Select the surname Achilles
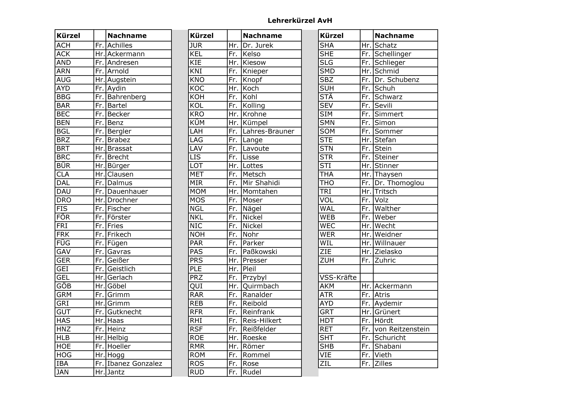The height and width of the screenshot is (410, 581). [120, 45]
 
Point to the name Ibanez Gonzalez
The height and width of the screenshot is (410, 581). [135, 364]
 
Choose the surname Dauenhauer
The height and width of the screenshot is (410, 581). [128, 191]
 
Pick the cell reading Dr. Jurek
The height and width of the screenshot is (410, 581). [258, 45]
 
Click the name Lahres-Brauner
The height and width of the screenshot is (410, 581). [269, 131]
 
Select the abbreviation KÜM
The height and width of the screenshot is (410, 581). [197, 123]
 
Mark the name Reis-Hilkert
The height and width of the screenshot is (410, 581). [262, 321]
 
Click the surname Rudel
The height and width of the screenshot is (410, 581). [252, 372]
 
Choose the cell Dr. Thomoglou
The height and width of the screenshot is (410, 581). [399, 183]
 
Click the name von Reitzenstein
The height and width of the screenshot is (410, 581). [402, 329]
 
